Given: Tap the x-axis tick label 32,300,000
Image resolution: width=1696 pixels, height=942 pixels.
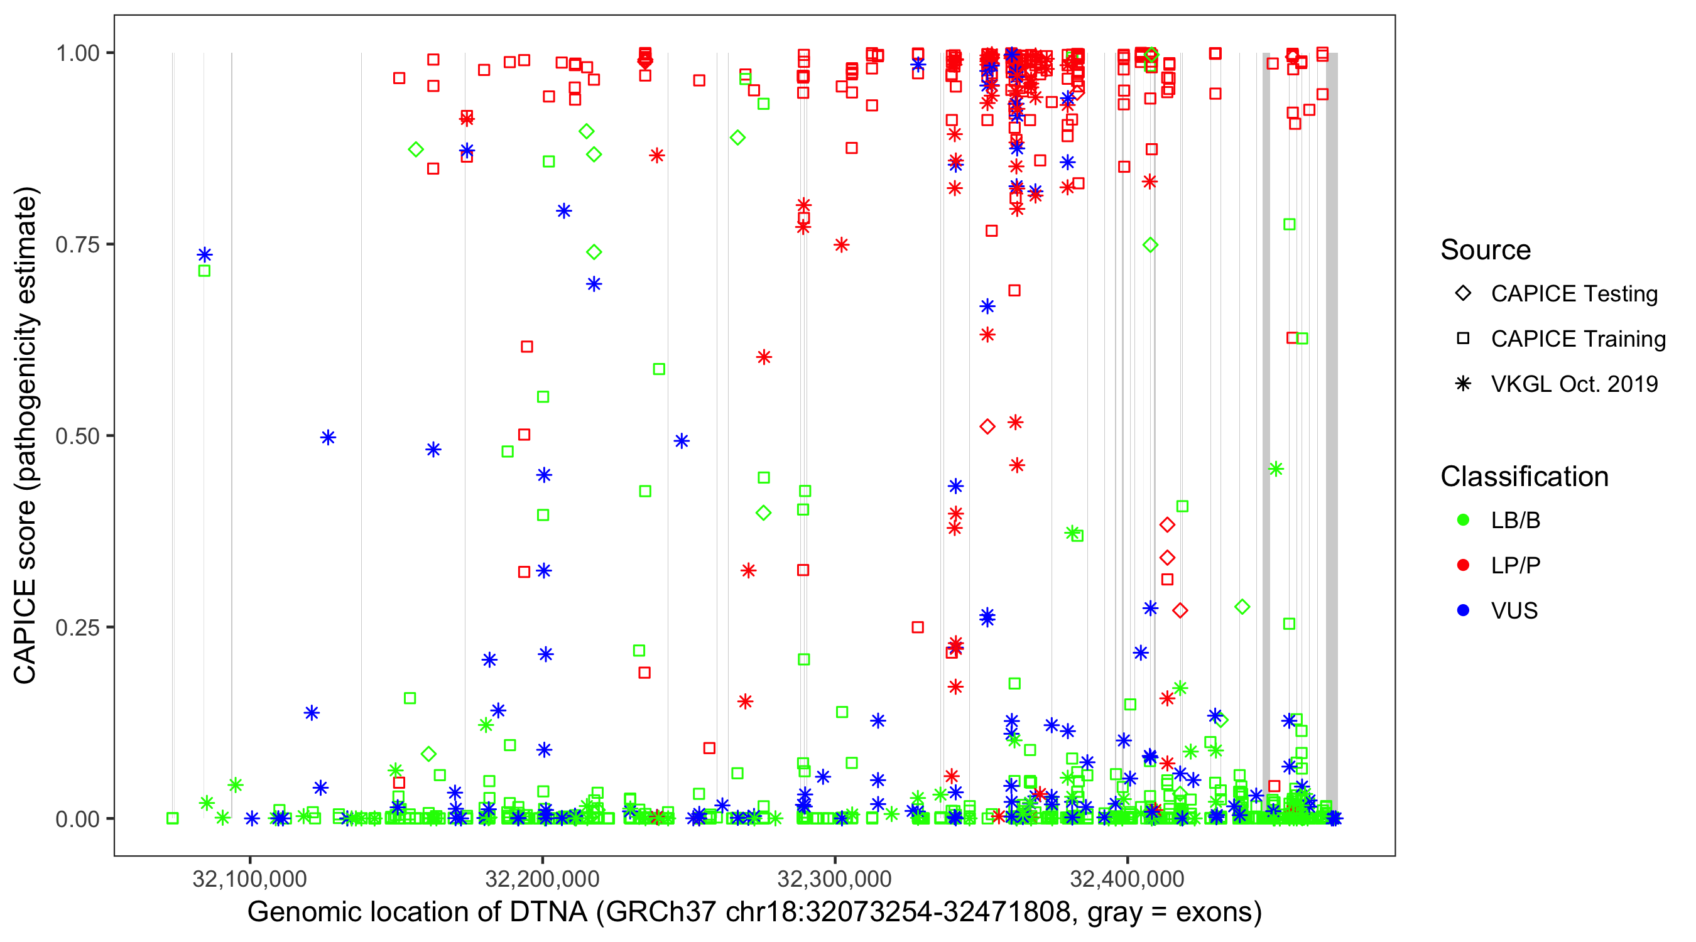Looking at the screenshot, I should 835,879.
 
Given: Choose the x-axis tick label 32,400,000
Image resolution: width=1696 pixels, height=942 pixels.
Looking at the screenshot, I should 1127,879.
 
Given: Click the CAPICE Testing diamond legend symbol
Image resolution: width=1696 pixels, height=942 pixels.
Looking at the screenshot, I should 1463,294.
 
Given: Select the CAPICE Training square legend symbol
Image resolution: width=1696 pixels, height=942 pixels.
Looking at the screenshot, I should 1463,339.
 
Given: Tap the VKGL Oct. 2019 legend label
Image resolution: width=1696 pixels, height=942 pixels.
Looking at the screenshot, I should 1574,384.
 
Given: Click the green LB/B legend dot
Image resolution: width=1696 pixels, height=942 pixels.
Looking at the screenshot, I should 1463,521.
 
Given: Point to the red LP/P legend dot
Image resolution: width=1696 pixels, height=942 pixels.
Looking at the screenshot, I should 1463,565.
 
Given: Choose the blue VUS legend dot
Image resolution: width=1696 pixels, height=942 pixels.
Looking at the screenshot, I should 1463,611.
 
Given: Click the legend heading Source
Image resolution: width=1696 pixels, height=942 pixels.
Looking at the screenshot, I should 1486,250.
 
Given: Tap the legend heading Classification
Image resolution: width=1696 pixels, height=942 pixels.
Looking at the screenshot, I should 1524,477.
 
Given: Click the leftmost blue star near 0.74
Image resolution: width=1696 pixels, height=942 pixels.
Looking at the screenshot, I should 205,255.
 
